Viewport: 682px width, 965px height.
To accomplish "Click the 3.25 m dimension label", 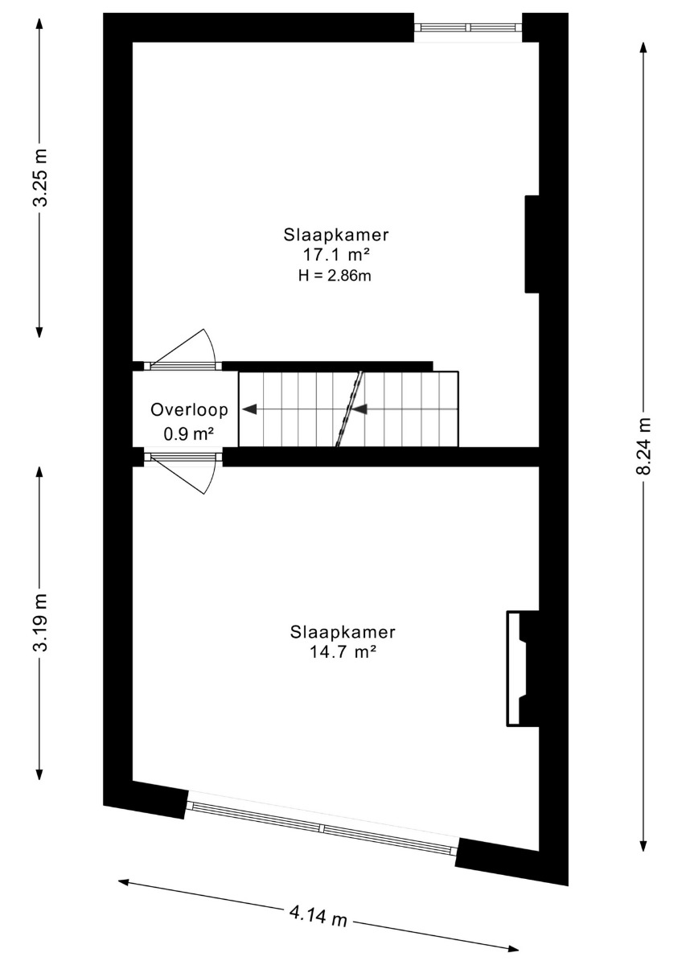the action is click(41, 177).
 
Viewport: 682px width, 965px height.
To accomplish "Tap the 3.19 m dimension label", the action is click(41, 622).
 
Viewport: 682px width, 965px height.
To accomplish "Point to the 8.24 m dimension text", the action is click(643, 446).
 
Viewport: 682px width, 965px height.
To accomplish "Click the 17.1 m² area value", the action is click(336, 255).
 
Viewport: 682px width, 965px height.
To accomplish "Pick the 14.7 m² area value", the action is click(343, 653).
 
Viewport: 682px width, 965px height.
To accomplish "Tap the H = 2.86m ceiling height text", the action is click(335, 275).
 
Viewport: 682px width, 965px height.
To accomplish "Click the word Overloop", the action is click(189, 409).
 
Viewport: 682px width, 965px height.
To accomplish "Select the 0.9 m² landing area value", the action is click(189, 433).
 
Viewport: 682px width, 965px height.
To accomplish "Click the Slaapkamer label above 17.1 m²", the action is click(336, 235).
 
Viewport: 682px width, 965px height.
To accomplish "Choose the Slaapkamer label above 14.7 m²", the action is click(343, 632).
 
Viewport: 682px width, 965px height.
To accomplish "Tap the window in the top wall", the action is click(468, 27).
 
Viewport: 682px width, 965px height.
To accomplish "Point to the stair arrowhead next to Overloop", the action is click(249, 409).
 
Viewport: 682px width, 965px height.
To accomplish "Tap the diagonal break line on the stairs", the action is click(349, 409).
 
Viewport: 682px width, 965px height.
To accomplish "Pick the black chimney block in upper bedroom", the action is click(532, 244).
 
